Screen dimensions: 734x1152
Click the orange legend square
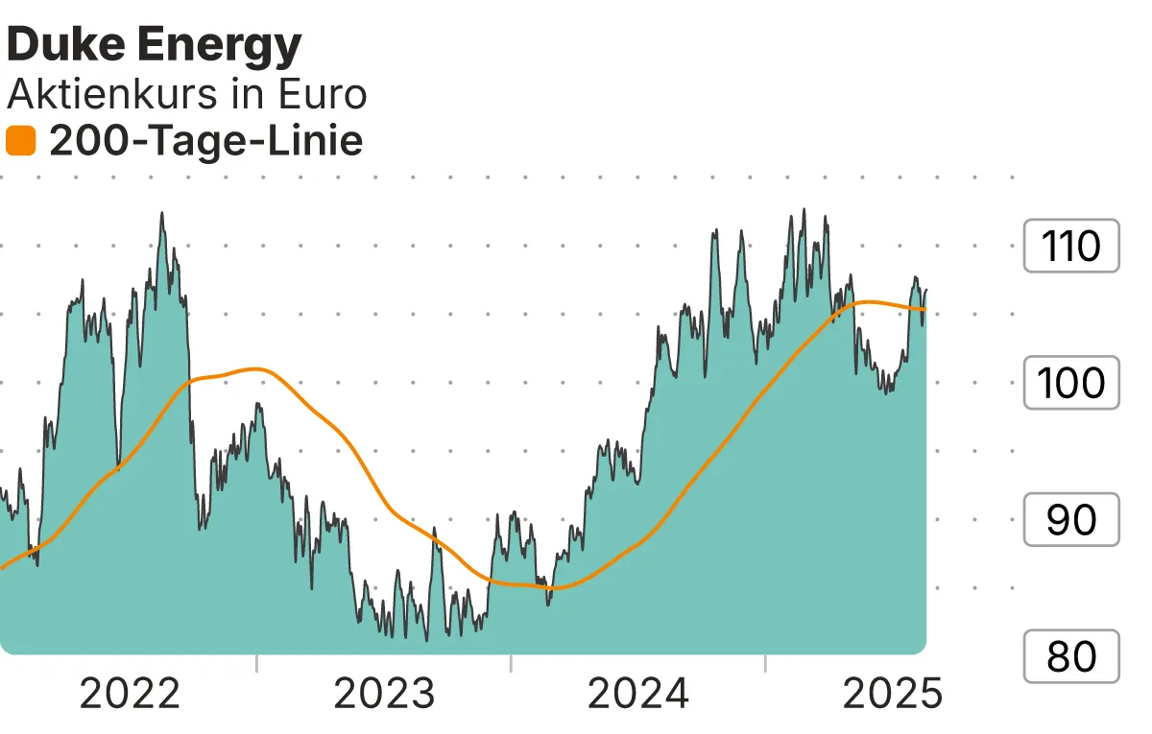(x=20, y=142)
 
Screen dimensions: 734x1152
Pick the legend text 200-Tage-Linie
(x=205, y=142)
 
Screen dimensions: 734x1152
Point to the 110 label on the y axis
(x=1070, y=247)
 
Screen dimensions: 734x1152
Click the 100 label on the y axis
(x=1070, y=383)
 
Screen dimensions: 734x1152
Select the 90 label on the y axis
(x=1070, y=520)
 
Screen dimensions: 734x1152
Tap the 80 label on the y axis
(x=1070, y=656)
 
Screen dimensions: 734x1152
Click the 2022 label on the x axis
(x=130, y=693)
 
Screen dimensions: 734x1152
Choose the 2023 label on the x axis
(x=384, y=693)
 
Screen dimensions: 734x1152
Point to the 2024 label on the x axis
(x=638, y=693)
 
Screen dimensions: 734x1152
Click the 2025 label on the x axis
(x=892, y=693)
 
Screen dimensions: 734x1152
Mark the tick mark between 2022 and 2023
(x=257, y=663)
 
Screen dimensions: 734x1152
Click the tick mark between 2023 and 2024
(x=511, y=663)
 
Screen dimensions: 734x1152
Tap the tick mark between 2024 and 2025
(x=765, y=663)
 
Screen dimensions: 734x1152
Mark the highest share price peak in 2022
(x=161, y=214)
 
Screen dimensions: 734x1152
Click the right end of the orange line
(x=925, y=309)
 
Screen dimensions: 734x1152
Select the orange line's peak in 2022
(x=254, y=368)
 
